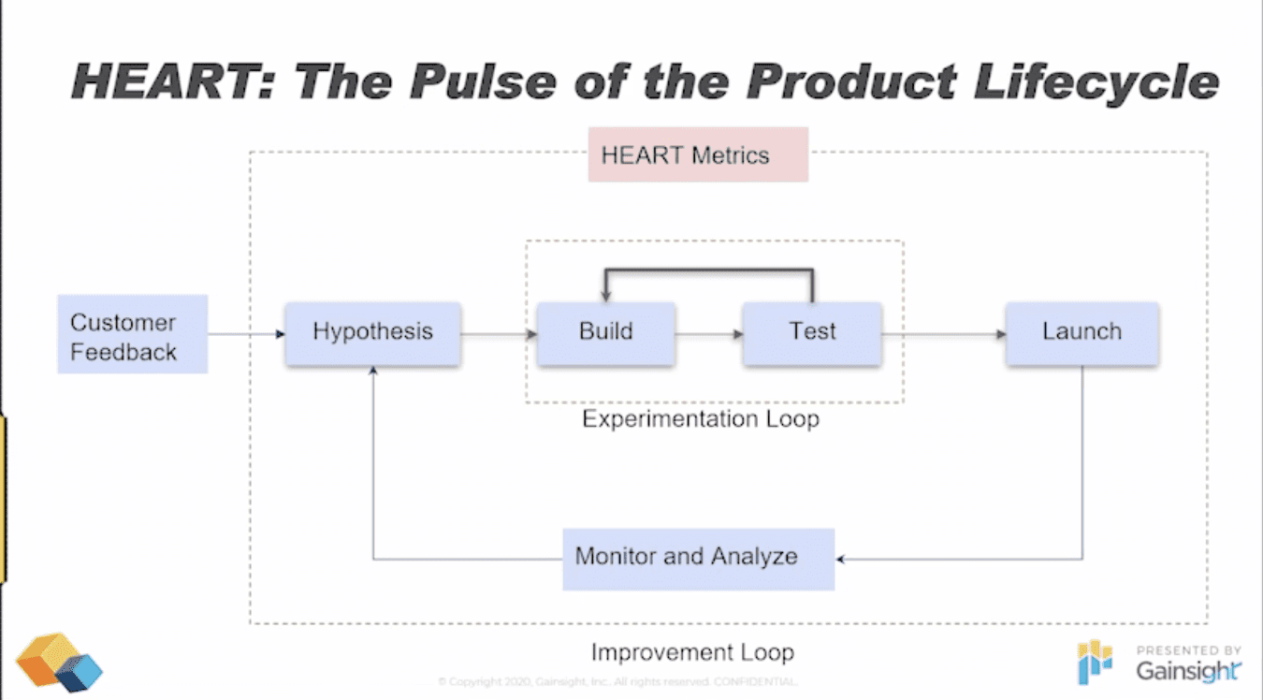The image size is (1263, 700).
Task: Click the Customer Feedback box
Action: click(x=132, y=334)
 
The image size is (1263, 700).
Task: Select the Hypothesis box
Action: click(x=372, y=333)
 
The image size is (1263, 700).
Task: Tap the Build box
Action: click(x=605, y=333)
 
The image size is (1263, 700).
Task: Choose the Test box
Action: click(x=812, y=333)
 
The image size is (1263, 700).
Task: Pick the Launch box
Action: click(x=1082, y=333)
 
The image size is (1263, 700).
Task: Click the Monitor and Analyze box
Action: click(x=698, y=558)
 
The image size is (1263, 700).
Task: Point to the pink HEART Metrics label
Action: click(x=698, y=155)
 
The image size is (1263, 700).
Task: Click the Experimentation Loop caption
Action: click(x=701, y=419)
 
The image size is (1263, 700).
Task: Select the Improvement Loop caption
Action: click(x=692, y=652)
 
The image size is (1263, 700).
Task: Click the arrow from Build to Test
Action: click(x=708, y=333)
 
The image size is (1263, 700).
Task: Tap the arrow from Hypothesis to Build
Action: click(x=499, y=333)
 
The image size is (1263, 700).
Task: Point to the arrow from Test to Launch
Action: click(x=943, y=333)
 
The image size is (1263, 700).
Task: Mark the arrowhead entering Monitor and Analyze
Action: click(x=841, y=560)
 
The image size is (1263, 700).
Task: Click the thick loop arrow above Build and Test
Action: click(x=709, y=270)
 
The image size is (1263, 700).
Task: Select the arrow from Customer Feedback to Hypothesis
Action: click(x=246, y=333)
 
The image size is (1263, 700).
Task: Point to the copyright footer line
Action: click(x=617, y=681)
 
